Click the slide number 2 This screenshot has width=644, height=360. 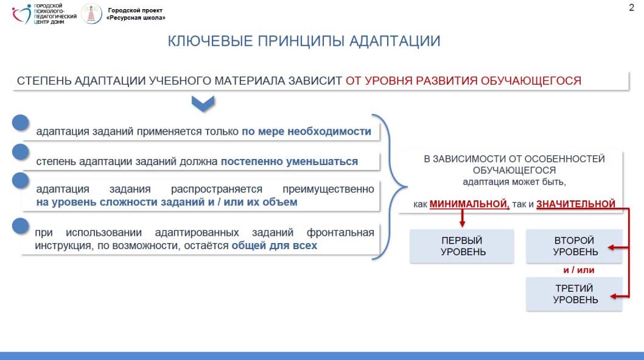pyautogui.click(x=631, y=7)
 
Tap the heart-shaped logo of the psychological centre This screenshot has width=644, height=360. pyautogui.click(x=22, y=14)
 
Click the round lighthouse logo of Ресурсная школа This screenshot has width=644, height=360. pyautogui.click(x=91, y=13)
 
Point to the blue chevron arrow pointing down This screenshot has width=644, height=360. pyautogui.click(x=203, y=104)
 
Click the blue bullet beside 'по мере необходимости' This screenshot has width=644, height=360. pyautogui.click(x=21, y=122)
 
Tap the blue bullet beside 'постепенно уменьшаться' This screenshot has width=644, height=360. pyautogui.click(x=21, y=152)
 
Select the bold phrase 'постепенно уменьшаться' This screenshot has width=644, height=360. pyautogui.click(x=290, y=161)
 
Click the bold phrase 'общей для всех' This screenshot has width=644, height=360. pyautogui.click(x=275, y=245)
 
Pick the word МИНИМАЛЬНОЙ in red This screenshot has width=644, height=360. pyautogui.click(x=469, y=204)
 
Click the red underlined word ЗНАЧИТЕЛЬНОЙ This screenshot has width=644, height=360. pyautogui.click(x=576, y=204)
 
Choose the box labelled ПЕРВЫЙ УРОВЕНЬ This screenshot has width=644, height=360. pyautogui.click(x=462, y=245)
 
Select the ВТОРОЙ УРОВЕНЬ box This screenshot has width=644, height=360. pyautogui.click(x=574, y=245)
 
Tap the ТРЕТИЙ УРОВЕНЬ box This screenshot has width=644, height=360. pyautogui.click(x=574, y=294)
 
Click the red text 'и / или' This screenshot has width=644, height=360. pyautogui.click(x=579, y=270)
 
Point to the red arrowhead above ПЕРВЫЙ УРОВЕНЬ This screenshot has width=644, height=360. pyautogui.click(x=463, y=223)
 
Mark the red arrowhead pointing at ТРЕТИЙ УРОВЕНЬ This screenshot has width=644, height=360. pyautogui.click(x=614, y=296)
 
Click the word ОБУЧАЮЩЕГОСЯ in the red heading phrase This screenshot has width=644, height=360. pyautogui.click(x=531, y=80)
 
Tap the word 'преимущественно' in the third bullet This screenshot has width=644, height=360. pyautogui.click(x=328, y=189)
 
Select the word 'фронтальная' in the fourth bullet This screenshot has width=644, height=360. pyautogui.click(x=340, y=233)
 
